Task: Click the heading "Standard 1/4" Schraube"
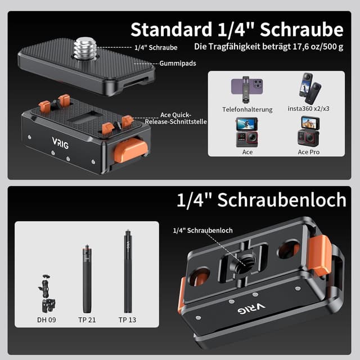(237, 29)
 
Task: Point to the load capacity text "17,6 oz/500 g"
(315, 46)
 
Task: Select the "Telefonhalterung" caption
(247, 109)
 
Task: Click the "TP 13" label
(128, 320)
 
